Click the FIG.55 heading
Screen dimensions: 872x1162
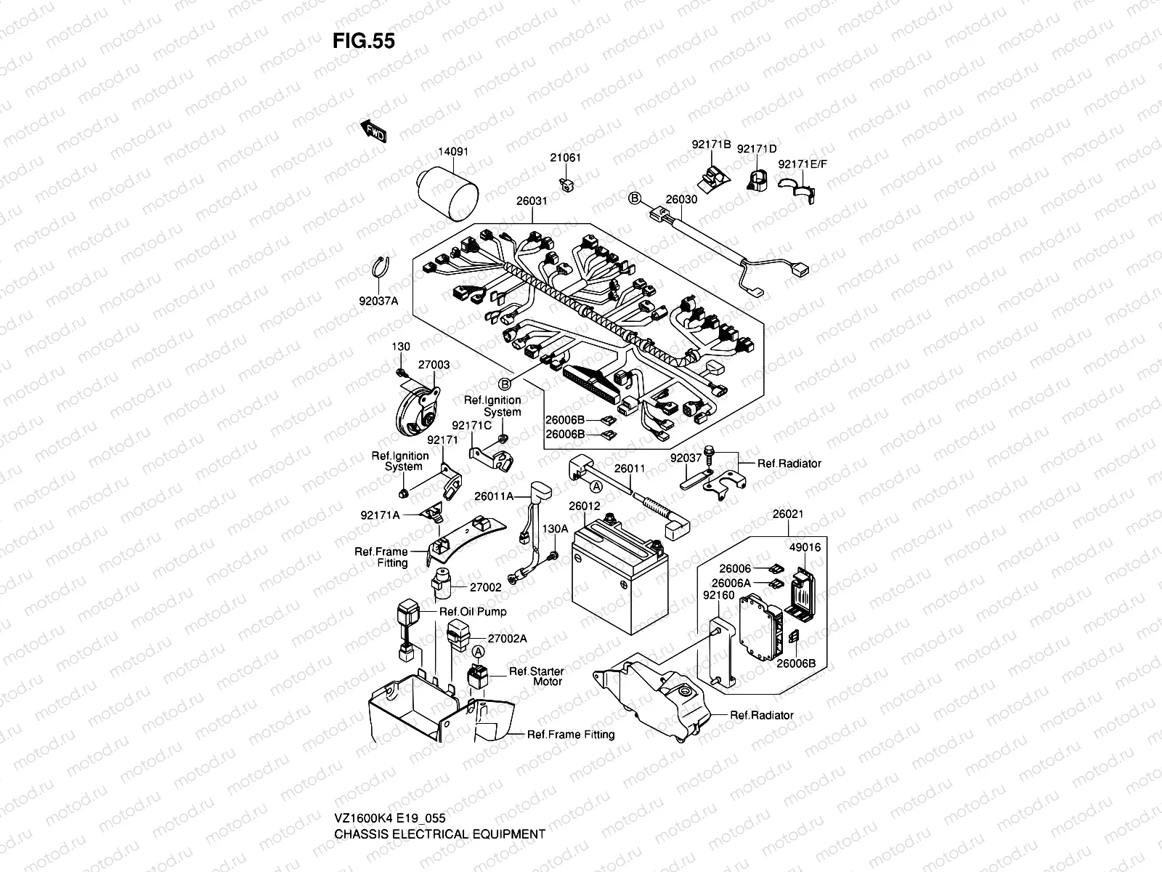click(x=364, y=41)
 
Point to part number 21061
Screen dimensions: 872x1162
click(x=565, y=158)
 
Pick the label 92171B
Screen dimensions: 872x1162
click(x=710, y=145)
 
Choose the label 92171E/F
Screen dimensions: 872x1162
click(x=803, y=164)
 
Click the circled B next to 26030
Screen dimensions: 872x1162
click(x=633, y=198)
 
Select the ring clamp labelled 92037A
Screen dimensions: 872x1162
click(x=382, y=266)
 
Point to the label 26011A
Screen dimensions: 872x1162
click(x=495, y=496)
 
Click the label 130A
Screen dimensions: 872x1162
click(x=555, y=529)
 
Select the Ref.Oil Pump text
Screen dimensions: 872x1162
click(x=473, y=611)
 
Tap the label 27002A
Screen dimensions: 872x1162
click(x=507, y=638)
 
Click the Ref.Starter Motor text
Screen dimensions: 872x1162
click(x=536, y=677)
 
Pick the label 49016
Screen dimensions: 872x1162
click(x=805, y=548)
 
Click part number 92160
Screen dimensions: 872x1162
click(x=719, y=595)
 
